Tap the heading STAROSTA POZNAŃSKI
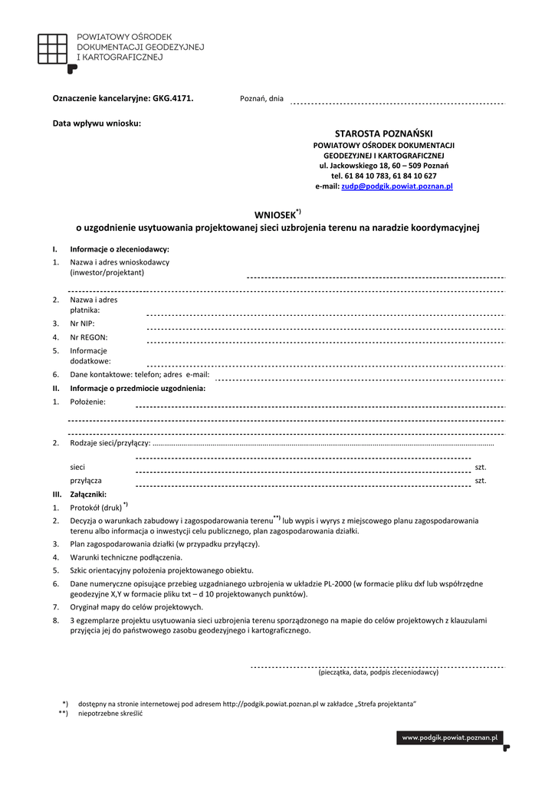tap(384, 133)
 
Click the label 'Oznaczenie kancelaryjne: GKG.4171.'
tap(123, 98)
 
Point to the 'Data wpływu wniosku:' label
tap(97, 123)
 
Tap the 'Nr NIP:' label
tap(82, 324)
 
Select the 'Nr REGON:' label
tap(88, 337)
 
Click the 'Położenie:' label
tap(87, 402)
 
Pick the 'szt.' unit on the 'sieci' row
tap(481, 467)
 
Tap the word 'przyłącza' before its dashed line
tap(86, 481)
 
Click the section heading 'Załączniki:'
tap(88, 494)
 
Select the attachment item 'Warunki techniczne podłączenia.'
tap(126, 557)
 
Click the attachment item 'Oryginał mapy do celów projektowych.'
tap(136, 607)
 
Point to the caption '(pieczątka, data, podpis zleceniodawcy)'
tap(378, 672)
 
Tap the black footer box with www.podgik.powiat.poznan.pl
tap(450, 737)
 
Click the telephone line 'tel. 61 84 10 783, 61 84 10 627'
tap(384, 176)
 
